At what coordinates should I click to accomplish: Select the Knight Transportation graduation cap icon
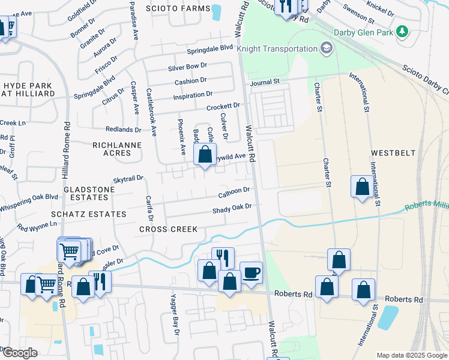[327, 49]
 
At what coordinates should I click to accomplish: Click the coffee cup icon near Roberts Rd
[251, 273]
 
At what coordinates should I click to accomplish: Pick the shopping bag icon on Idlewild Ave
[205, 155]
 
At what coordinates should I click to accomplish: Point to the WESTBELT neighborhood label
[393, 153]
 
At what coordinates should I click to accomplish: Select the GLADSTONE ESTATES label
[89, 193]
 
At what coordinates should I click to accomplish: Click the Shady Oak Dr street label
[231, 209]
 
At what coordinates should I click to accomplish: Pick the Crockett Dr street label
[223, 107]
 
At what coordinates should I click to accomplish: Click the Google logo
[19, 353]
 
